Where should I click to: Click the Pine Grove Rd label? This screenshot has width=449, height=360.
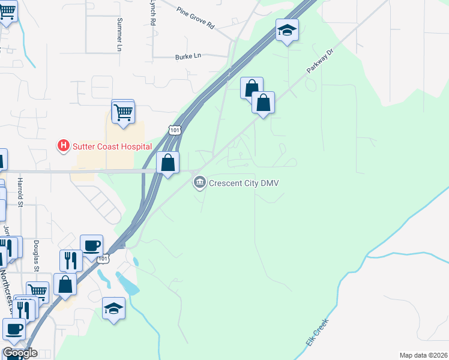(196, 19)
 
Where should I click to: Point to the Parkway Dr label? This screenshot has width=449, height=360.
(319, 61)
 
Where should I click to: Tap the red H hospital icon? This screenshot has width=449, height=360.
(62, 145)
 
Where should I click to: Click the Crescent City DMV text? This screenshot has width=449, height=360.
(244, 183)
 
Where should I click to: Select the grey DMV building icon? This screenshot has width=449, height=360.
(199, 182)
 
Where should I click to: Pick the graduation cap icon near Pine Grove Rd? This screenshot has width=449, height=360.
(288, 30)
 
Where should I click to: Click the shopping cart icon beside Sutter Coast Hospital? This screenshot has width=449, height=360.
(123, 112)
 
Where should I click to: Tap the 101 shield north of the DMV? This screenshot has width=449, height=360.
(174, 130)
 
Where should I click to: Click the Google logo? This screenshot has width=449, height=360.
(19, 353)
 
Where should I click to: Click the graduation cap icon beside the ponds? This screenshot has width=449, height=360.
(113, 308)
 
